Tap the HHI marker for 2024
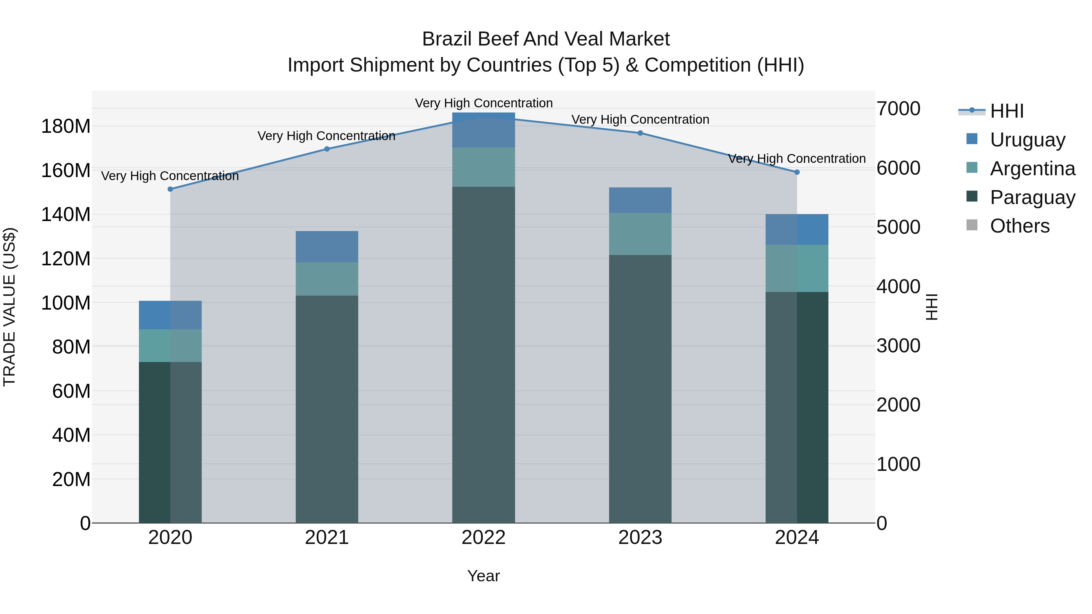[797, 172]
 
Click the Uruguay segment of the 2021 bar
[326, 246]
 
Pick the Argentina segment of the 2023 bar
[640, 233]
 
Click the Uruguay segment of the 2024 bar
[797, 229]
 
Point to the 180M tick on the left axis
[66, 126]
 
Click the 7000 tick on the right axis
[898, 109]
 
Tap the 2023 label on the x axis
[640, 538]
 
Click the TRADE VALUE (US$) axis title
[9, 307]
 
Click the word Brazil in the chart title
[447, 39]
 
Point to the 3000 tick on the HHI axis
[898, 346]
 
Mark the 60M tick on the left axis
[71, 391]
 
